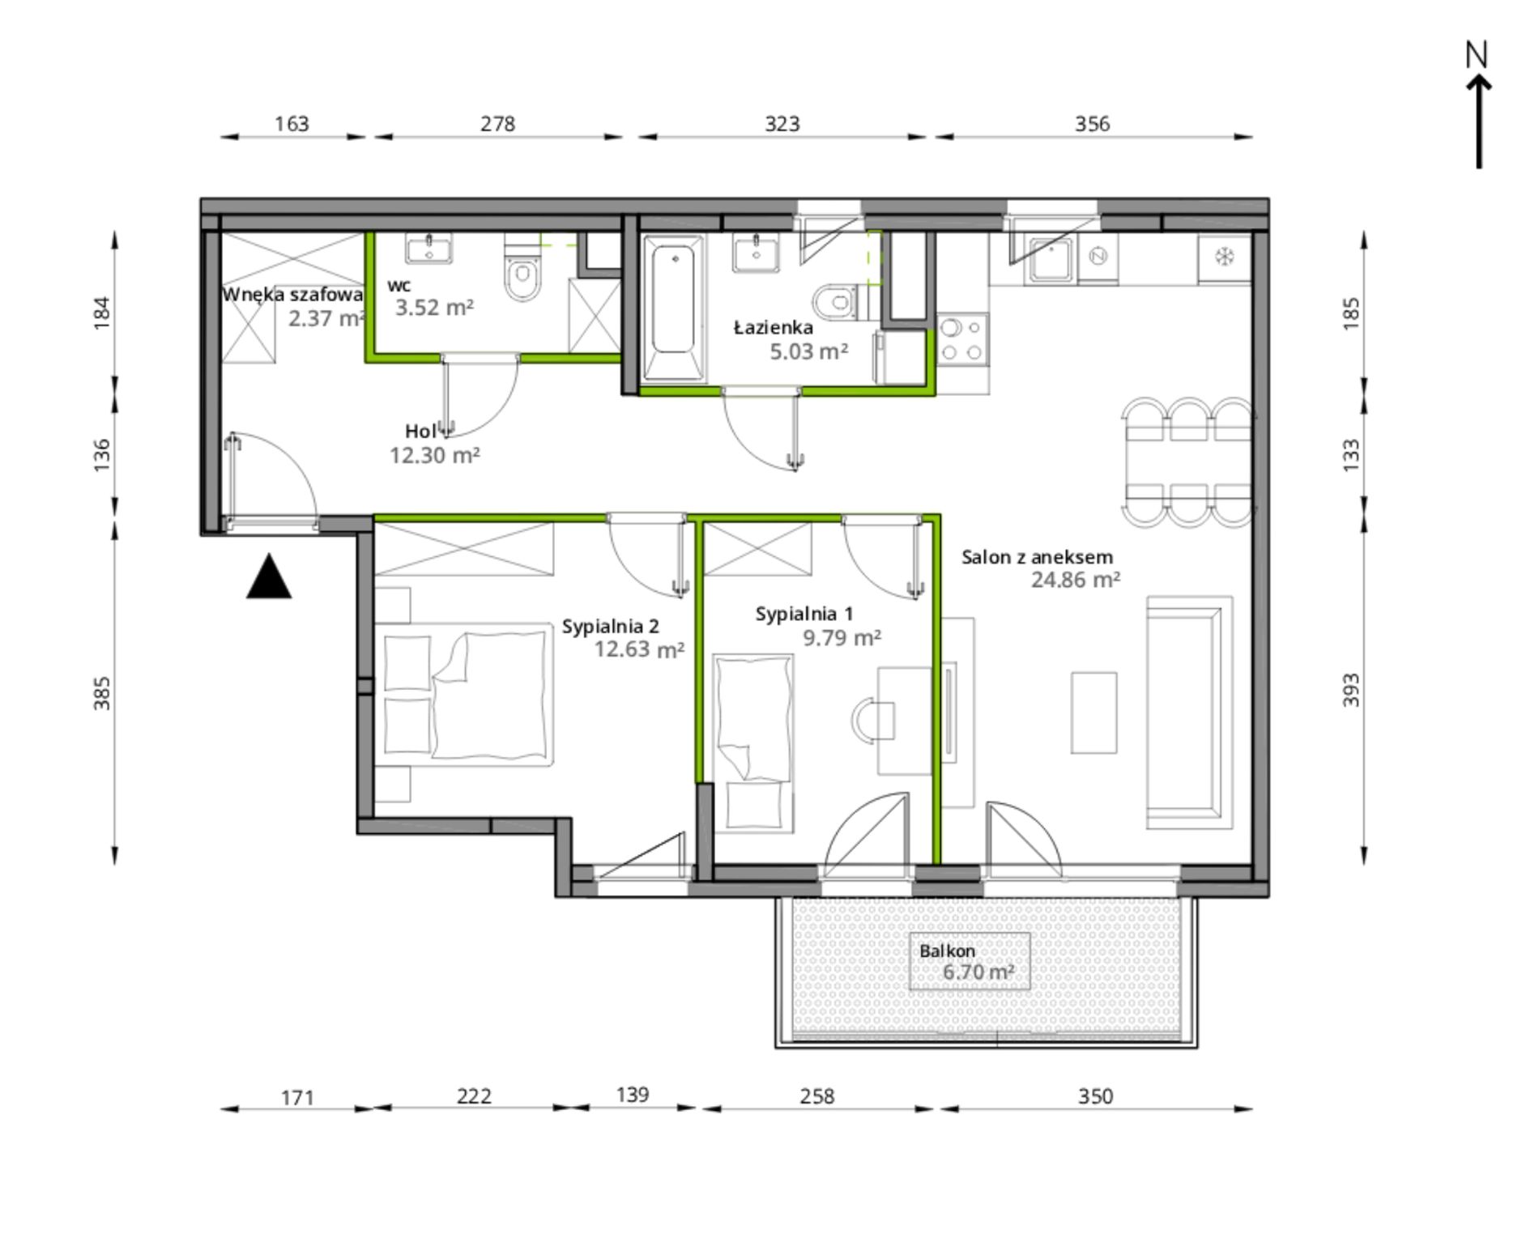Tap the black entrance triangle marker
tap(269, 577)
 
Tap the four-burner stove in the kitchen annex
tap(962, 338)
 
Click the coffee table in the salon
tap(1093, 713)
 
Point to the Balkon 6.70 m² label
tap(968, 962)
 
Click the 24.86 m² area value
tap(1076, 580)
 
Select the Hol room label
tap(421, 432)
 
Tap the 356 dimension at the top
tap(1092, 124)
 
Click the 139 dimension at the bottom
tap(633, 1095)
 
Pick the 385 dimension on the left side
tap(102, 693)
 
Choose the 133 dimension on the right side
tap(1351, 455)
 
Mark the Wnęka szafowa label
tap(292, 295)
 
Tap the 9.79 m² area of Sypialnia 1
tap(842, 638)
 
